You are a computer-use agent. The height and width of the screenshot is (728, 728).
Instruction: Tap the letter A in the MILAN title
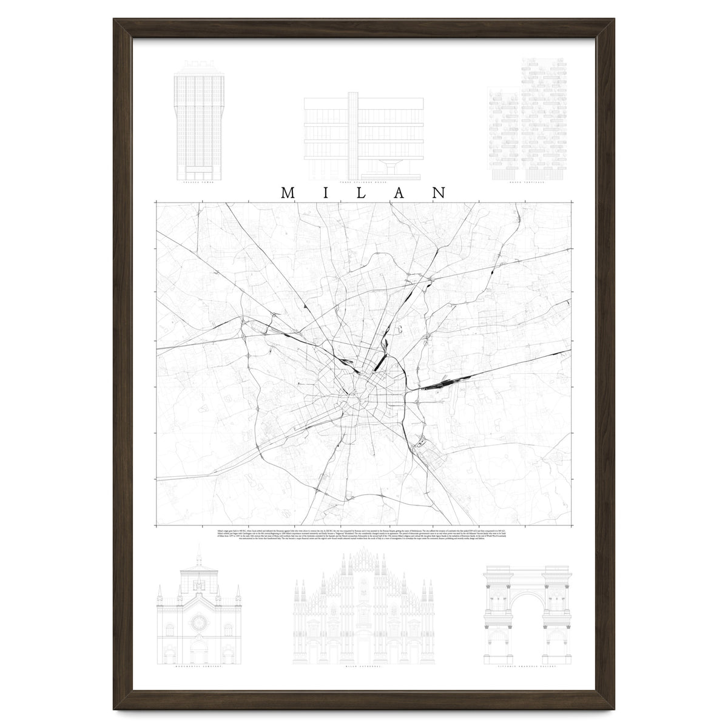[401, 192]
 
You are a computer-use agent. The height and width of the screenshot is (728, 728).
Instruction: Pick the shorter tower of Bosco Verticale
[503, 136]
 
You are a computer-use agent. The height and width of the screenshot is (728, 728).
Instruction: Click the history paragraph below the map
[363, 534]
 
